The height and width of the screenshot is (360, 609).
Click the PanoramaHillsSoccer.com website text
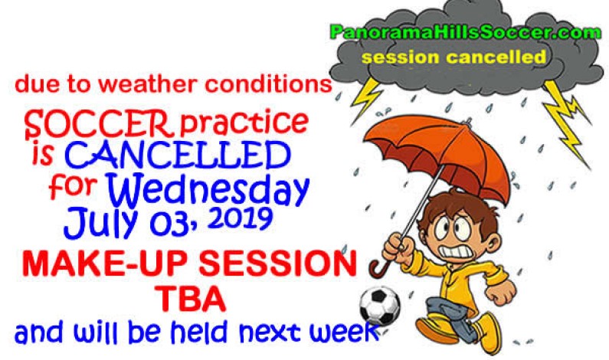pyautogui.click(x=460, y=32)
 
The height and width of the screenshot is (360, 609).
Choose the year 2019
pyautogui.click(x=237, y=219)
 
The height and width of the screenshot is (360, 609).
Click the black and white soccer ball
pyautogui.click(x=379, y=305)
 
